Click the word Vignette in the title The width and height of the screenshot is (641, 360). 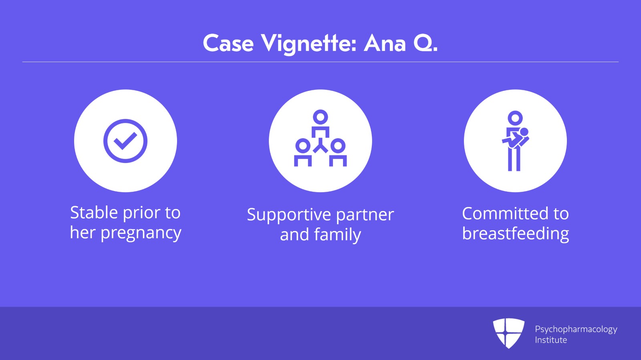click(308, 43)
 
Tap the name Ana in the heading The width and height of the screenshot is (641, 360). click(385, 43)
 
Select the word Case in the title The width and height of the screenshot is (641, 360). click(228, 43)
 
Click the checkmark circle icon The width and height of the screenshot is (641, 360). click(125, 141)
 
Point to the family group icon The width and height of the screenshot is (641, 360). click(320, 138)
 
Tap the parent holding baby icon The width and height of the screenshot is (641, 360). click(515, 141)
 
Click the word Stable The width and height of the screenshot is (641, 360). click(94, 213)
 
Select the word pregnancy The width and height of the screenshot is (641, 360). click(141, 233)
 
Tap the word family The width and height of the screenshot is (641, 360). click(337, 235)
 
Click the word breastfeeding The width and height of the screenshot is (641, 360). click(515, 233)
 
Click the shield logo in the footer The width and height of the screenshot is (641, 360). click(508, 333)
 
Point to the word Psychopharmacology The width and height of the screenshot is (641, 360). click(576, 330)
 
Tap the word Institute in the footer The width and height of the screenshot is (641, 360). click(551, 340)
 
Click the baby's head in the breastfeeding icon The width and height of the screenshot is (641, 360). click(524, 132)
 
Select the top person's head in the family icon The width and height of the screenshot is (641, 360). click(320, 117)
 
